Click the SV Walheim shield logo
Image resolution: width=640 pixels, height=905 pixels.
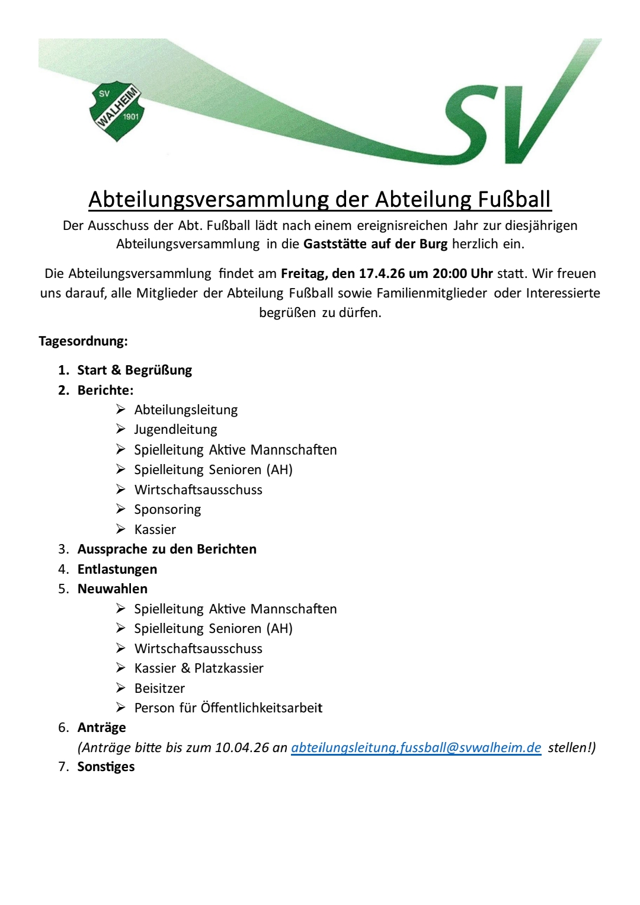(x=117, y=111)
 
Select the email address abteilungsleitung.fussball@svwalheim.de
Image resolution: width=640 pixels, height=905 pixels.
(x=416, y=747)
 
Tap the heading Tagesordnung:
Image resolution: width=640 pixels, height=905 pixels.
(x=83, y=341)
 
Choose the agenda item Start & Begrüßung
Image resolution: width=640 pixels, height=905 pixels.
(x=135, y=370)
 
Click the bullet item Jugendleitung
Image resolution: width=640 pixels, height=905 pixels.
(x=175, y=429)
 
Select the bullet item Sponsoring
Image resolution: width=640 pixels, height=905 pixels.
(x=167, y=509)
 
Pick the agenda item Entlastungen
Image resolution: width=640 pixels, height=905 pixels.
(x=117, y=569)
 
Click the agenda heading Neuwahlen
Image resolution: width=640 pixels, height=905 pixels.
(x=113, y=589)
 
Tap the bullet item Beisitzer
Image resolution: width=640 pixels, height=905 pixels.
(x=159, y=688)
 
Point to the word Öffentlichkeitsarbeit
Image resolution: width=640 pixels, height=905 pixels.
(x=261, y=708)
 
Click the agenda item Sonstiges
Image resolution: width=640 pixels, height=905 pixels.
(x=106, y=766)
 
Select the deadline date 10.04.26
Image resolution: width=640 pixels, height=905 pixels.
(x=242, y=747)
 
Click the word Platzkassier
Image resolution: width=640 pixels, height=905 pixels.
(x=229, y=668)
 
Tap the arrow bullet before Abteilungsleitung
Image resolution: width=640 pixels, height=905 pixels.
(x=121, y=410)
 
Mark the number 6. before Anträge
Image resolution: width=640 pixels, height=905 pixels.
(x=63, y=727)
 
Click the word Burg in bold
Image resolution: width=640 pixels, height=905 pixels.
(x=433, y=244)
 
